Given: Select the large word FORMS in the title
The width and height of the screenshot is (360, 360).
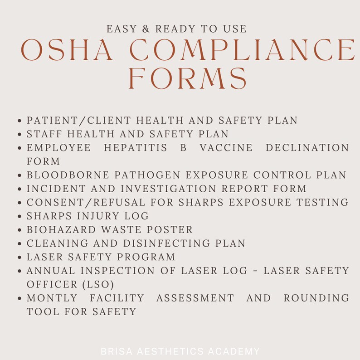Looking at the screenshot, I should click(x=188, y=79).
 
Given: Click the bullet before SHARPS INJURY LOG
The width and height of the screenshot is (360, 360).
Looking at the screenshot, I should click(x=20, y=217).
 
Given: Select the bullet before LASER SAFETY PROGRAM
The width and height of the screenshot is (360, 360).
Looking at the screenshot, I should click(x=20, y=258).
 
